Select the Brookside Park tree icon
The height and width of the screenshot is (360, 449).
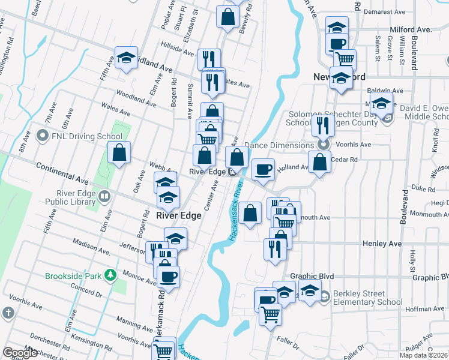click(110, 275)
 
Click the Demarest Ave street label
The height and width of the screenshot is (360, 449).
click(384, 11)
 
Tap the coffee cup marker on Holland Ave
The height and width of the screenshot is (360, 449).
click(262, 169)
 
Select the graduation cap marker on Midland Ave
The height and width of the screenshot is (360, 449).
click(126, 58)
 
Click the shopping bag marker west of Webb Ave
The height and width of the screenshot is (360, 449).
click(119, 153)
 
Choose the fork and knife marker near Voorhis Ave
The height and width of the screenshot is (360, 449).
click(323, 126)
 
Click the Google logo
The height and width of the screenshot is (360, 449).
click(19, 353)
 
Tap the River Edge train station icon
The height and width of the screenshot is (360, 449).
click(232, 172)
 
